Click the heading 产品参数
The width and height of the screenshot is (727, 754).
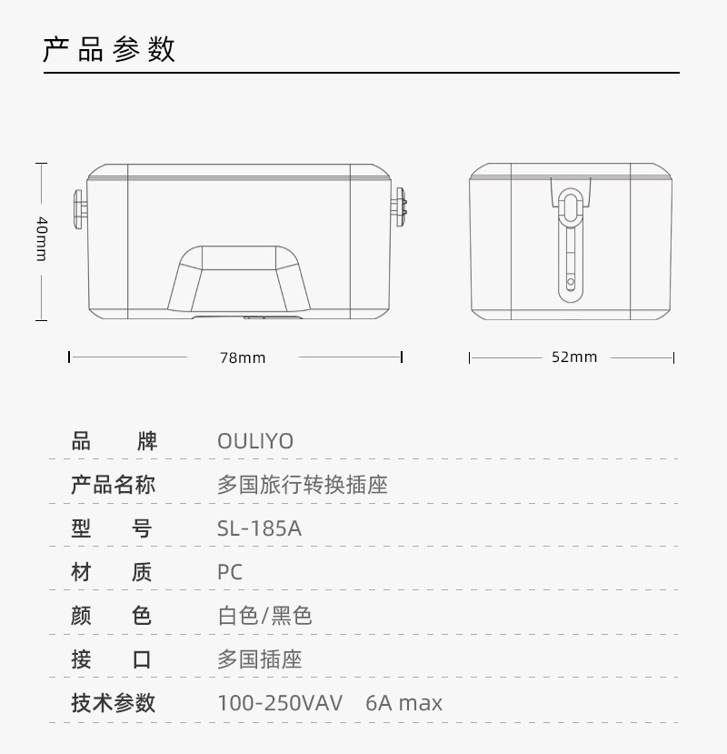point(109,49)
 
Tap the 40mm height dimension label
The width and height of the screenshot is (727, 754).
point(41,238)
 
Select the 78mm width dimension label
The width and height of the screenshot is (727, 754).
point(243,357)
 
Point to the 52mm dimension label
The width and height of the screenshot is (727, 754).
point(574,357)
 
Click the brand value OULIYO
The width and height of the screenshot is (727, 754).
point(255,441)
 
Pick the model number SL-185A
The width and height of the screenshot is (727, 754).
point(259,528)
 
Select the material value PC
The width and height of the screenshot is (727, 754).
point(230,572)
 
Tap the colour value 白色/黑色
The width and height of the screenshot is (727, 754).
point(264,616)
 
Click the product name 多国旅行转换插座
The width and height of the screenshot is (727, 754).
point(303,485)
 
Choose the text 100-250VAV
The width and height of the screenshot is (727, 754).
point(280,703)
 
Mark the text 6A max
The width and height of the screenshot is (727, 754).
point(404,703)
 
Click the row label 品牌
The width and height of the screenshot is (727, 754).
point(114,441)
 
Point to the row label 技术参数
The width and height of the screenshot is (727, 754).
point(114,703)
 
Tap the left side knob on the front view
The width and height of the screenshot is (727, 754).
point(80,207)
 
